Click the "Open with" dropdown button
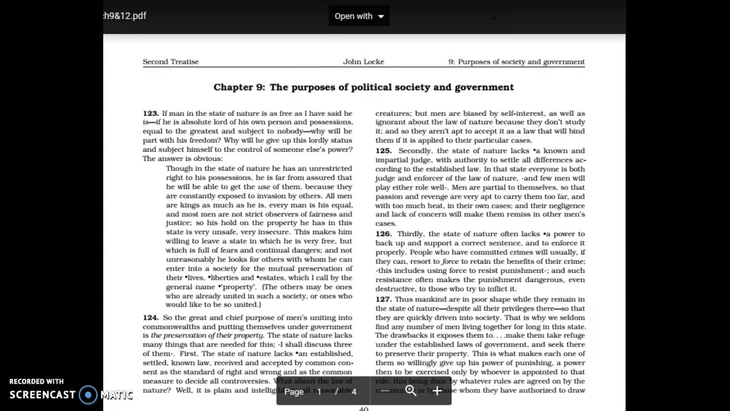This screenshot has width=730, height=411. pyautogui.click(x=359, y=16)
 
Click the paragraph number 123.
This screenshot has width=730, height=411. pyautogui.click(x=151, y=114)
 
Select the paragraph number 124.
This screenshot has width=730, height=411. pyautogui.click(x=151, y=318)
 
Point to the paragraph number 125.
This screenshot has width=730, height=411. pyautogui.click(x=383, y=151)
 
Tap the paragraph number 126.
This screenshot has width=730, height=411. pyautogui.click(x=383, y=234)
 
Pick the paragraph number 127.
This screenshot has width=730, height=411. pyautogui.click(x=383, y=300)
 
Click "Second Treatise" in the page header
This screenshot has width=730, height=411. pyautogui.click(x=171, y=62)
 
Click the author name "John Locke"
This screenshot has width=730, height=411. pyautogui.click(x=363, y=62)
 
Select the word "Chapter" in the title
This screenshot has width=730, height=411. pyautogui.click(x=233, y=87)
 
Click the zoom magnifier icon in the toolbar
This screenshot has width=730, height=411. pyautogui.click(x=411, y=391)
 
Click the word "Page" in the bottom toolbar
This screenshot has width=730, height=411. pyautogui.click(x=294, y=392)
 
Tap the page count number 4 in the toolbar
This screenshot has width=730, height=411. pyautogui.click(x=354, y=392)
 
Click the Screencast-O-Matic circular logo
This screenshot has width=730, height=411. pyautogui.click(x=88, y=394)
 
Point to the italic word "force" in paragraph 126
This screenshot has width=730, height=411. pyautogui.click(x=450, y=261)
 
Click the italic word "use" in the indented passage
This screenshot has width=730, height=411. pyautogui.click(x=263, y=187)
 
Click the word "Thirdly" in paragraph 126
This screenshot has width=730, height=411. pyautogui.click(x=411, y=234)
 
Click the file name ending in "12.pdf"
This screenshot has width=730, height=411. pyautogui.click(x=125, y=16)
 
